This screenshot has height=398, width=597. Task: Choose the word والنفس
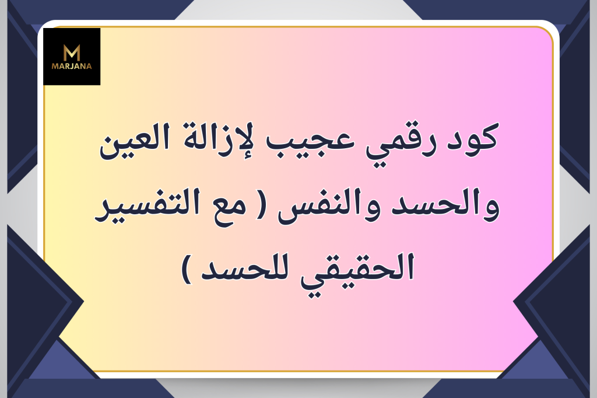pos(330,207)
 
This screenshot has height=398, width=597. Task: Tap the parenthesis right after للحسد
pos(187,270)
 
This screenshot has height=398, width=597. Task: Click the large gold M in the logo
pos(72,53)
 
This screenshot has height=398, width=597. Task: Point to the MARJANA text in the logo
pos(72,66)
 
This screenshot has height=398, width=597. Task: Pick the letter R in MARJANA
pos(65,66)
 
